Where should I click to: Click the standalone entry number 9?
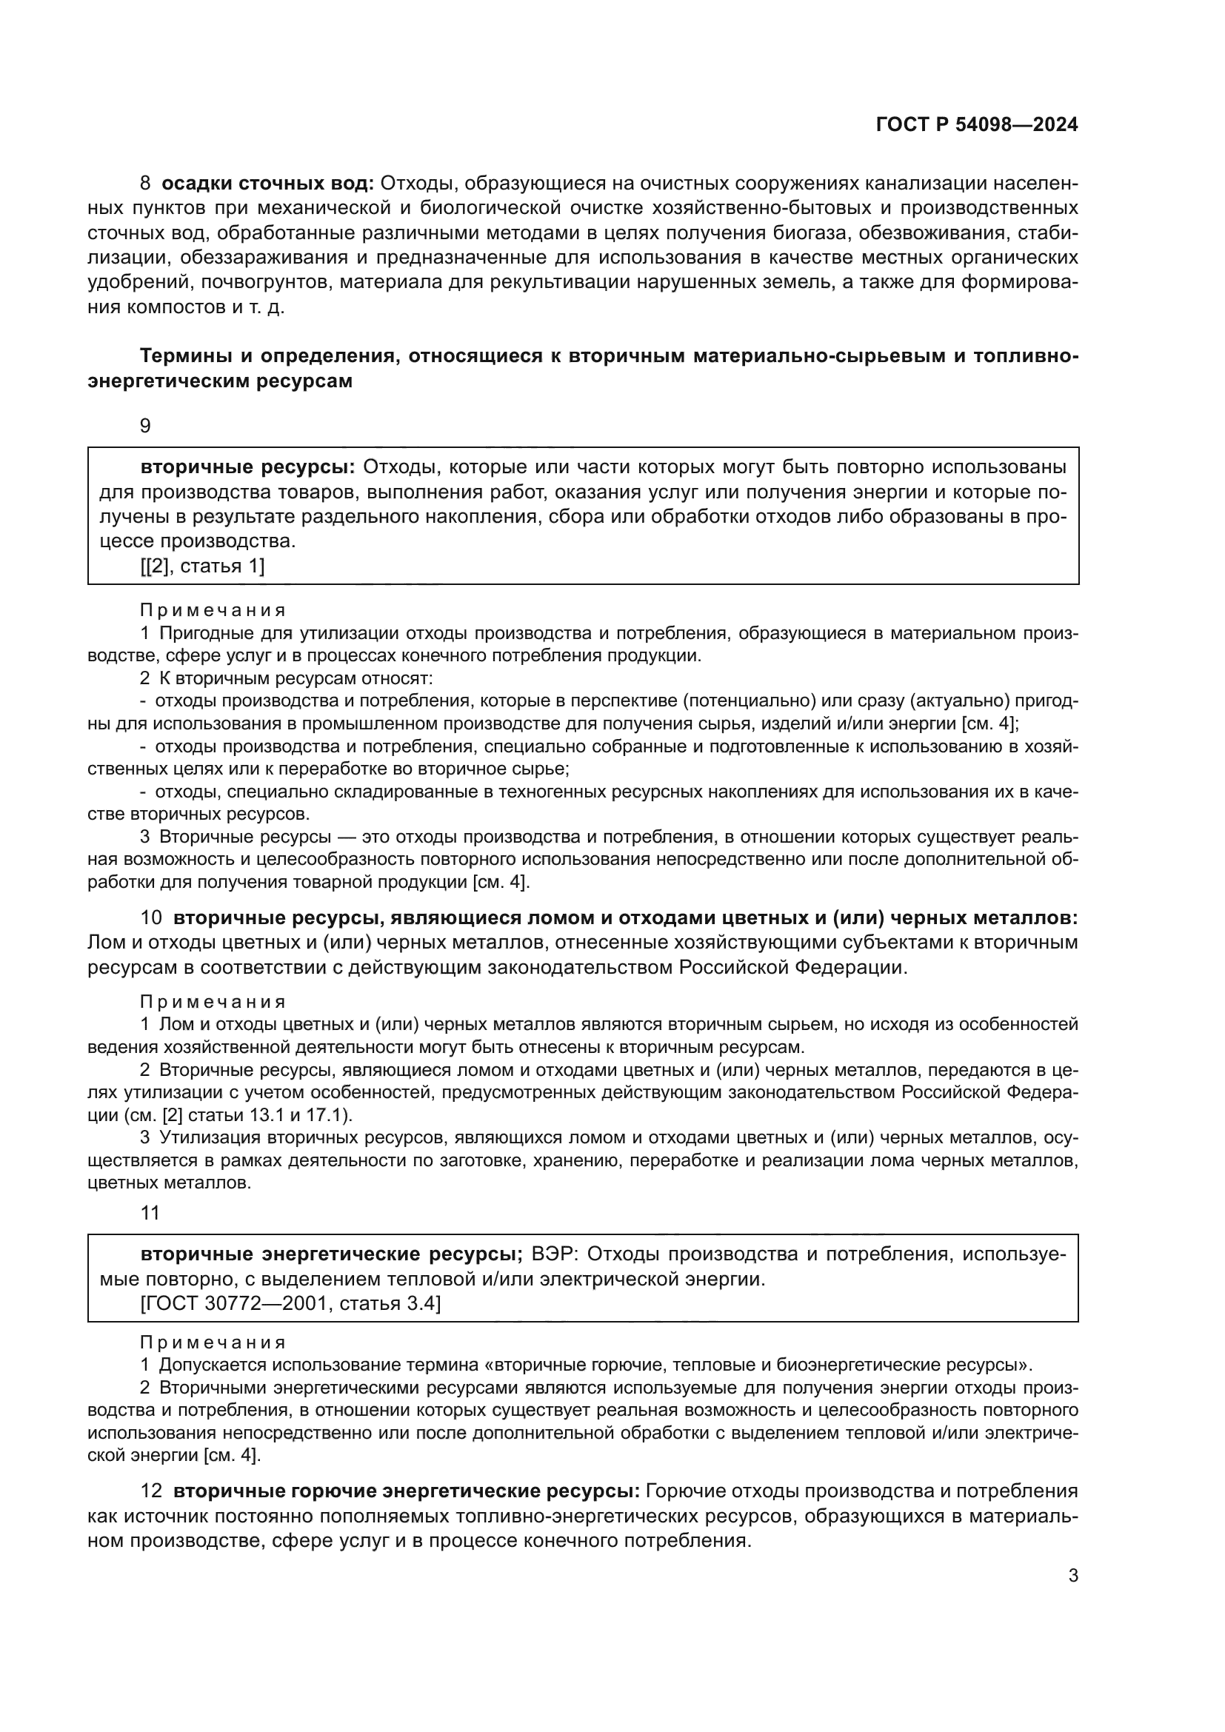point(146,427)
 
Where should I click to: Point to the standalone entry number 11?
point(150,1213)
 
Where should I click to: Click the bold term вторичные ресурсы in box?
point(247,467)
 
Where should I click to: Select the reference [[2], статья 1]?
point(202,566)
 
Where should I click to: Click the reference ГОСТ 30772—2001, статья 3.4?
point(290,1303)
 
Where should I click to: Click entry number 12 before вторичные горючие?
point(152,1491)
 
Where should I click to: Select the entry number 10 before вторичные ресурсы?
point(152,918)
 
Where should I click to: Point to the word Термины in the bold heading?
point(188,356)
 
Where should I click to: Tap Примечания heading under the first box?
point(213,609)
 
